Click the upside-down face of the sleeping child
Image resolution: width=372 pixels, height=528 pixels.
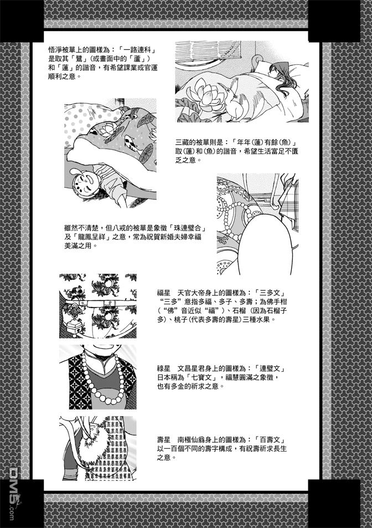(x=85, y=182)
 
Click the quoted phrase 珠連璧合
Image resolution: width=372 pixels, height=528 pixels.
(x=187, y=228)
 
